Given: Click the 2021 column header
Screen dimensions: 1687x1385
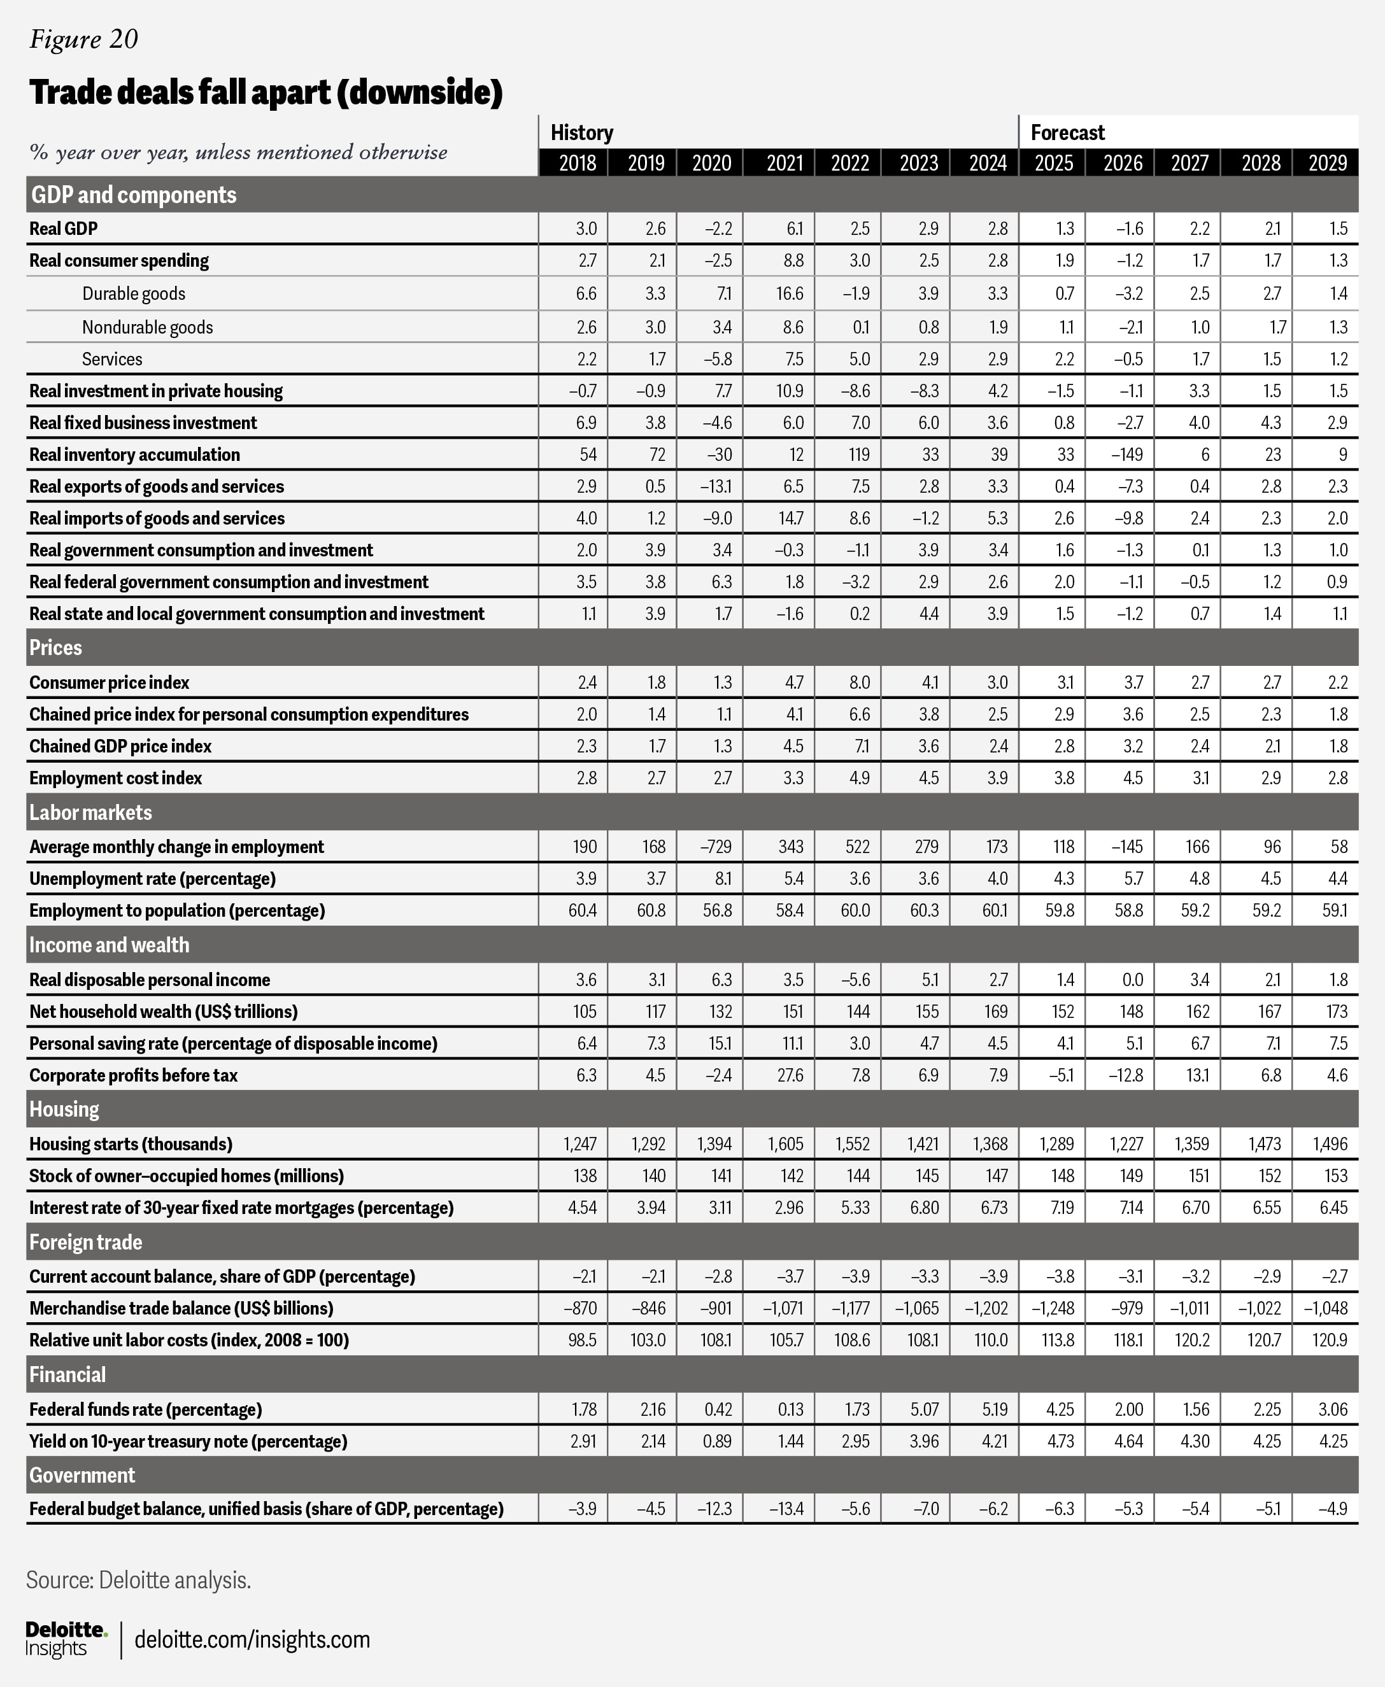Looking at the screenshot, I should pos(785,163).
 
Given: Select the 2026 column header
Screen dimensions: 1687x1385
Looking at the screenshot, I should pos(1123,163).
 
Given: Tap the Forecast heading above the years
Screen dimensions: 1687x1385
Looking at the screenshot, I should pos(1067,132).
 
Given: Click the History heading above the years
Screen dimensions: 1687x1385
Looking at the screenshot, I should pos(581,132).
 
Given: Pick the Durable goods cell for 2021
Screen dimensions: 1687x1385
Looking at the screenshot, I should pos(789,293).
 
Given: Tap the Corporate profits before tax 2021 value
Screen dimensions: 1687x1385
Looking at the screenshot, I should pos(790,1075).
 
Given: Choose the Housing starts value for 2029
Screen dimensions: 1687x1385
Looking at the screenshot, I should pos(1330,1144).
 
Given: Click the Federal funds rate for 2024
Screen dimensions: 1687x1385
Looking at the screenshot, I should pos(994,1409).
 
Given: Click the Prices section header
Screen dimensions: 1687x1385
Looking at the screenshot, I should pos(56,647).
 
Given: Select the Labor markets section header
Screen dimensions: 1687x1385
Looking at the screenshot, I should pos(90,812).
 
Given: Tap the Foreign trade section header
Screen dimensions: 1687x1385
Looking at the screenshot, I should pos(85,1242).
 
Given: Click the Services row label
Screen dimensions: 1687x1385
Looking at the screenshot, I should pos(111,359).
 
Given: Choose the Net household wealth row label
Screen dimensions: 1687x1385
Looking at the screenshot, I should pos(163,1012).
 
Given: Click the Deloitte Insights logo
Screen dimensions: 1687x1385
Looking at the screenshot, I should pos(66,1639).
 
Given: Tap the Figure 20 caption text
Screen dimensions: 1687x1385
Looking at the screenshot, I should pos(84,39).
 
